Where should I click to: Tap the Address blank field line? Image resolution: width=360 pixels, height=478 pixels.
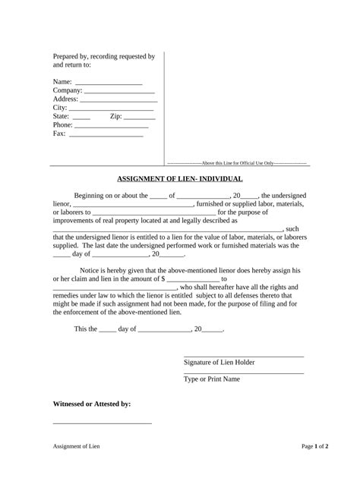tap(118, 101)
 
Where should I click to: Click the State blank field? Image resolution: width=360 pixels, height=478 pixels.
tap(81, 119)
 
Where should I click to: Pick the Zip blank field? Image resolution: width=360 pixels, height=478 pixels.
tap(139, 119)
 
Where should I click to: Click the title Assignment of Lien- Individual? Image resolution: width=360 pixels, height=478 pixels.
tap(180, 179)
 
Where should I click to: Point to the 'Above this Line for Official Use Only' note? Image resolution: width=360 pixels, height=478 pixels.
tap(236, 162)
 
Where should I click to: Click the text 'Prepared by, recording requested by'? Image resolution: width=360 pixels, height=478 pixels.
tap(103, 57)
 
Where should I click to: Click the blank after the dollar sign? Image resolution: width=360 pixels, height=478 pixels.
tap(193, 281)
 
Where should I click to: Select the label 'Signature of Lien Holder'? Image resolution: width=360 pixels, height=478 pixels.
tap(219, 363)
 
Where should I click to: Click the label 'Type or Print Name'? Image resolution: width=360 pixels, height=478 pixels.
tap(212, 379)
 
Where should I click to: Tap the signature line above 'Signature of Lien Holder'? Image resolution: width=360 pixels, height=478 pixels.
tap(243, 356)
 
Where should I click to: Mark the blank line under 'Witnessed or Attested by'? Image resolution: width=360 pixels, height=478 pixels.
tap(102, 423)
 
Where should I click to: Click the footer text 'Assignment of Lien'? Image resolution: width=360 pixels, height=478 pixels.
tap(76, 446)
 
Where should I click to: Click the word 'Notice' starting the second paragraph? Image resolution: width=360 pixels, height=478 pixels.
tap(90, 271)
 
